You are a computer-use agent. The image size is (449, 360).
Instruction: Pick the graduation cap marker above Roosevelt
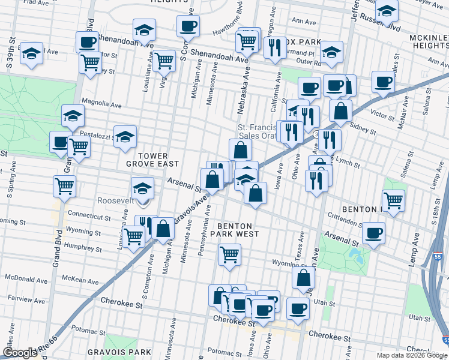[x=142, y=188]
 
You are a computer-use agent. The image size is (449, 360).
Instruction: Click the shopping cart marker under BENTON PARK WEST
[x=229, y=254]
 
